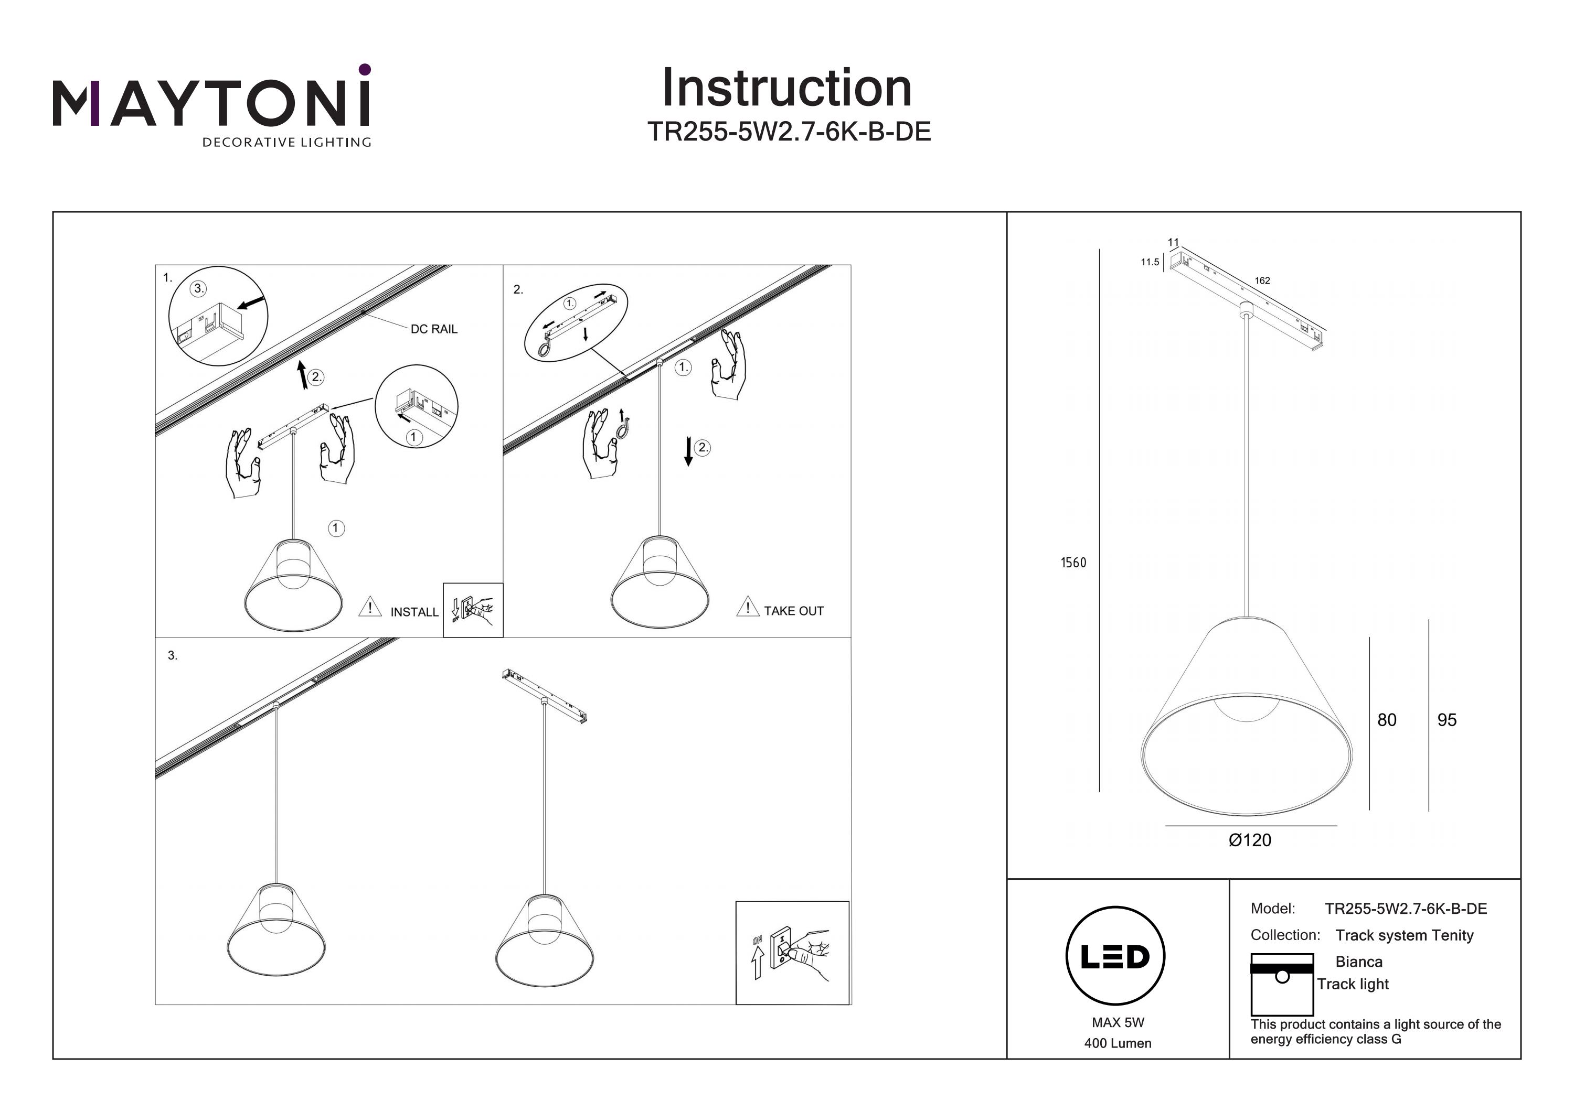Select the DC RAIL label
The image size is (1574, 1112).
point(433,329)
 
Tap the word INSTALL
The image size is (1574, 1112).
point(414,612)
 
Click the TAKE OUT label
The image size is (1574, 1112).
point(793,610)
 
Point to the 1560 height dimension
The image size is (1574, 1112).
point(1073,563)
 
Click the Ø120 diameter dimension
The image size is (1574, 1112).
point(1250,840)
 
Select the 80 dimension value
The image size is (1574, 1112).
point(1386,719)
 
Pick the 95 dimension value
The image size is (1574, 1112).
point(1447,719)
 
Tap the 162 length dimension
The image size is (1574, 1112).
point(1262,280)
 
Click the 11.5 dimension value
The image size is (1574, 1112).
point(1150,262)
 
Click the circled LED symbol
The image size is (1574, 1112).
point(1115,956)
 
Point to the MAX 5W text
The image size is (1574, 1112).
point(1118,1022)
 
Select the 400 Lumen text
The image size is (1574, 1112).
point(1118,1043)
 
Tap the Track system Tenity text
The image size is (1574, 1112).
point(1404,935)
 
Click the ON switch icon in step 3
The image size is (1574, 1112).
point(792,953)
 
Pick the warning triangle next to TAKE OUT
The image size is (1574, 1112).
point(747,607)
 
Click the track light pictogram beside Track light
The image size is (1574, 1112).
point(1281,984)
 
